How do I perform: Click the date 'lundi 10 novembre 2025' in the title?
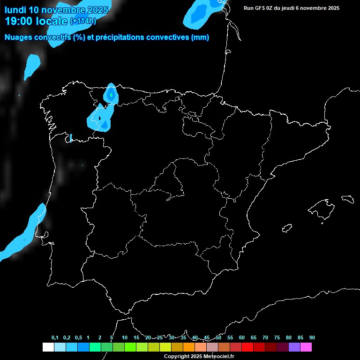[x=56, y=10]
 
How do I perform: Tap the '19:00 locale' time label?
[x=36, y=21]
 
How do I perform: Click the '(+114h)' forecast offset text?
[x=82, y=22]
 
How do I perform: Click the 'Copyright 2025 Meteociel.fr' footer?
[x=199, y=356]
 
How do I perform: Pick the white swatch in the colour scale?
[x=48, y=347]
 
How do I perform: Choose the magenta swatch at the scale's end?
[x=306, y=347]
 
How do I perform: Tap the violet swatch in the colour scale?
[x=294, y=347]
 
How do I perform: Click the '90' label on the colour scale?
[x=312, y=337]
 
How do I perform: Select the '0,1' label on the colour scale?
[x=55, y=337]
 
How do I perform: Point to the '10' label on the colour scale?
[x=124, y=337]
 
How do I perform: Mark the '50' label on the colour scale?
[x=218, y=337]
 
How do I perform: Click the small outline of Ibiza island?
[x=287, y=228]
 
